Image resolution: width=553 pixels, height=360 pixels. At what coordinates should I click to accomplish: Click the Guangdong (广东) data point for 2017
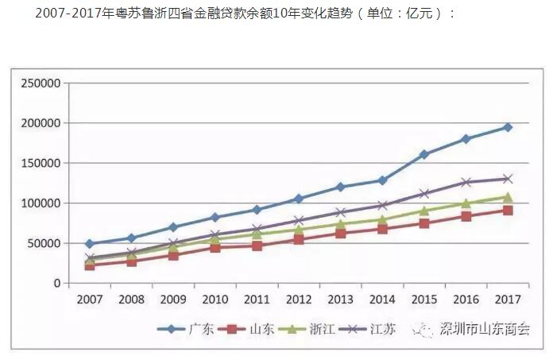click(x=508, y=127)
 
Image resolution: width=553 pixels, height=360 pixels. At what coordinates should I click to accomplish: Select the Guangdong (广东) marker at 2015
click(x=424, y=154)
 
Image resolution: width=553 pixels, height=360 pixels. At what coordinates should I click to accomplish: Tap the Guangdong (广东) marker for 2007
click(x=90, y=244)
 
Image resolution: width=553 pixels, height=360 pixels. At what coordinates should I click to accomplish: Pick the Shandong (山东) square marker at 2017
click(x=508, y=211)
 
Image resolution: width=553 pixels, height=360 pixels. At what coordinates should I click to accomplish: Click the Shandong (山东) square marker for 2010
click(x=215, y=247)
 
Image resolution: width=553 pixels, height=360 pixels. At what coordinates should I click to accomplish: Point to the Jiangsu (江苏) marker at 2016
click(x=466, y=182)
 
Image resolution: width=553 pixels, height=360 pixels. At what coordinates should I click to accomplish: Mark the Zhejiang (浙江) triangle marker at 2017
click(x=508, y=197)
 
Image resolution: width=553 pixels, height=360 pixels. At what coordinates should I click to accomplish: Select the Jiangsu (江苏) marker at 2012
click(x=299, y=221)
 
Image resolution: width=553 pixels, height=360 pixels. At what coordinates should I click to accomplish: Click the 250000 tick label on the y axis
click(x=41, y=83)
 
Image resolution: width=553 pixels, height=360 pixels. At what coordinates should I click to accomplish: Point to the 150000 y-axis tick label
click(x=41, y=164)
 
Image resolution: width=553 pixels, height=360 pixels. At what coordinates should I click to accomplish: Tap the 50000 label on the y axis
click(x=44, y=243)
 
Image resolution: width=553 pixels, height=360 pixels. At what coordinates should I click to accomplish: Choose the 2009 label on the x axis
click(x=173, y=300)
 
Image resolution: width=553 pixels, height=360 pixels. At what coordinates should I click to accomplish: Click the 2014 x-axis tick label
click(x=382, y=300)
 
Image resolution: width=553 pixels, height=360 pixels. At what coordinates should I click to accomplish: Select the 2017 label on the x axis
click(x=508, y=300)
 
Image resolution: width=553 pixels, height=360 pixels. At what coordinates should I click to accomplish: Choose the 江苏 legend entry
click(x=381, y=329)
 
